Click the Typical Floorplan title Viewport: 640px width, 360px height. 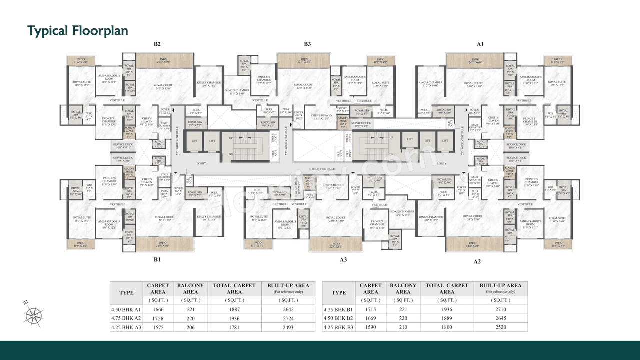78,31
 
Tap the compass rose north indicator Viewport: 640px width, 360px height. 33,314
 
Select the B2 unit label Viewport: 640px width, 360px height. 157,44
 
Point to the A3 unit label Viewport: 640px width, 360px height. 343,260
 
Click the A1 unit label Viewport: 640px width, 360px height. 480,44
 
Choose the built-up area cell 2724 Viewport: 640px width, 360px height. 288,318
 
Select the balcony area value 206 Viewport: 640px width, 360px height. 190,327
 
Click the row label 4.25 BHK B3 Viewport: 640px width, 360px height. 338,327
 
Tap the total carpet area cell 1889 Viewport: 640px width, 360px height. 447,318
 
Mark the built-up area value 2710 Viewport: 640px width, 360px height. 500,309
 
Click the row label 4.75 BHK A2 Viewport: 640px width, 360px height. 126,318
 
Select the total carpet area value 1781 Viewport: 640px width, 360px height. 234,327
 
